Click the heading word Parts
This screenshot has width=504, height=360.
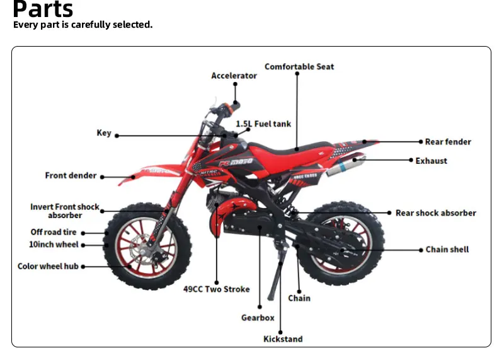pyautogui.click(x=43, y=9)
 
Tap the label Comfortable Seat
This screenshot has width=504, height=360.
pyautogui.click(x=299, y=66)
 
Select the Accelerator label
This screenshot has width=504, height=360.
pyautogui.click(x=234, y=76)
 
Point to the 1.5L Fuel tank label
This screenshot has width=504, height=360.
pyautogui.click(x=263, y=124)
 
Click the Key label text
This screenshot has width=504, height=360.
pyautogui.click(x=104, y=133)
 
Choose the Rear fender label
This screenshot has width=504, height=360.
pyautogui.click(x=448, y=142)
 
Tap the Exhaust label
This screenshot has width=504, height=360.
pyautogui.click(x=431, y=161)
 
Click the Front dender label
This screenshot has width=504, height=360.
pyautogui.click(x=71, y=175)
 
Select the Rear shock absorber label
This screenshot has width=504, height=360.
pyautogui.click(x=435, y=213)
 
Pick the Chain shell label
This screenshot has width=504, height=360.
pyautogui.click(x=447, y=250)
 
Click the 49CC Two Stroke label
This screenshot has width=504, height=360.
pyautogui.click(x=216, y=289)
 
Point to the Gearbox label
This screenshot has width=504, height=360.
pyautogui.click(x=258, y=318)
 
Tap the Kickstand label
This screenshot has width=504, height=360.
pyautogui.click(x=283, y=339)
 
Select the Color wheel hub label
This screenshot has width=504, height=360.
pyautogui.click(x=48, y=266)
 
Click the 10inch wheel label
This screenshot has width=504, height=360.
pyautogui.click(x=54, y=244)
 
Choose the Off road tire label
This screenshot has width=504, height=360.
pyautogui.click(x=54, y=232)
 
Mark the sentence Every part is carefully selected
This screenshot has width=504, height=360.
pyautogui.click(x=83, y=25)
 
